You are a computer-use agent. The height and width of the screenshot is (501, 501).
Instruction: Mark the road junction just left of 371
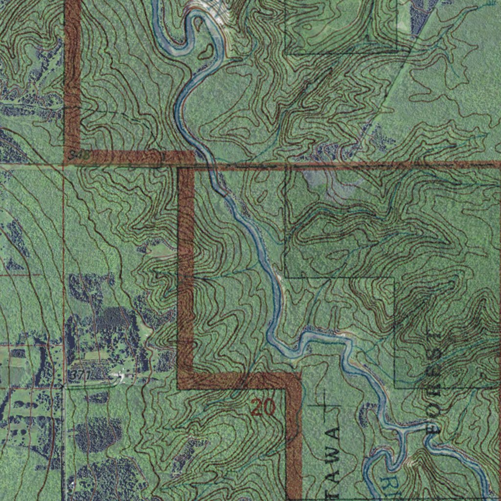click(64, 386)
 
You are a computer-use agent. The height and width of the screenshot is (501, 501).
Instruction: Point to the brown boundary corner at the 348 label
click(72, 157)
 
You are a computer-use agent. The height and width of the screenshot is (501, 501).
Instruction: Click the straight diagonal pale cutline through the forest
click(391, 88)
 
